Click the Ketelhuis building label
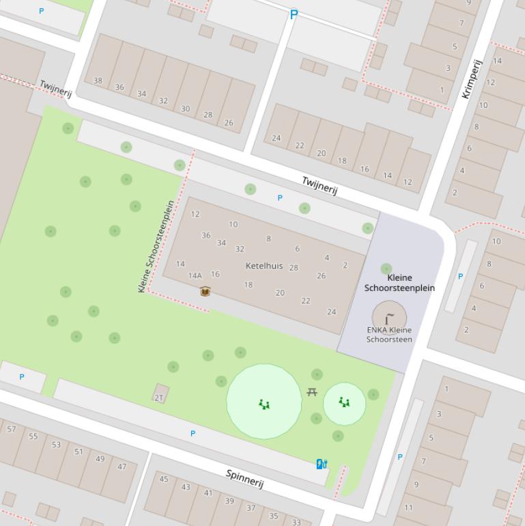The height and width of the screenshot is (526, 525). pyautogui.click(x=264, y=266)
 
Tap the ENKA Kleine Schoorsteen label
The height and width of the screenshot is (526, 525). pyautogui.click(x=389, y=335)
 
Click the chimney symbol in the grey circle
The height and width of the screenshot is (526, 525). pyautogui.click(x=389, y=318)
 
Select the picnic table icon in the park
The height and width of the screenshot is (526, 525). pyautogui.click(x=312, y=392)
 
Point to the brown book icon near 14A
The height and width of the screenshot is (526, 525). pyautogui.click(x=205, y=292)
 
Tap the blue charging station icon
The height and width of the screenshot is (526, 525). pyautogui.click(x=322, y=465)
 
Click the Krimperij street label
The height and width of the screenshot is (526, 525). pyautogui.click(x=472, y=79)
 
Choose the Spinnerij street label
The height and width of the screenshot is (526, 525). pyautogui.click(x=244, y=478)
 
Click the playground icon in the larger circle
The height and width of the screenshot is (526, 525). pyautogui.click(x=264, y=404)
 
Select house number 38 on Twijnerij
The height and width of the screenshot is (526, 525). pyautogui.click(x=98, y=81)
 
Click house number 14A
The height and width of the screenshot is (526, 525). pyautogui.click(x=195, y=276)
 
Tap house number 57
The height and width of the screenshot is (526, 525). pyautogui.click(x=12, y=429)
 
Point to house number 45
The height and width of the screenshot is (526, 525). pyautogui.click(x=164, y=479)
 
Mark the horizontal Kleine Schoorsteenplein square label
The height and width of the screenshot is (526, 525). pyautogui.click(x=399, y=283)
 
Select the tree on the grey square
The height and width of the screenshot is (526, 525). pyautogui.click(x=386, y=269)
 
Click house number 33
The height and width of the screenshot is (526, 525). pyautogui.click(x=296, y=522)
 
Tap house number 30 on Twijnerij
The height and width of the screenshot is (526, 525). pyautogui.click(x=185, y=109)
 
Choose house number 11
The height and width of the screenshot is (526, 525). pyautogui.click(x=408, y=508)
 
